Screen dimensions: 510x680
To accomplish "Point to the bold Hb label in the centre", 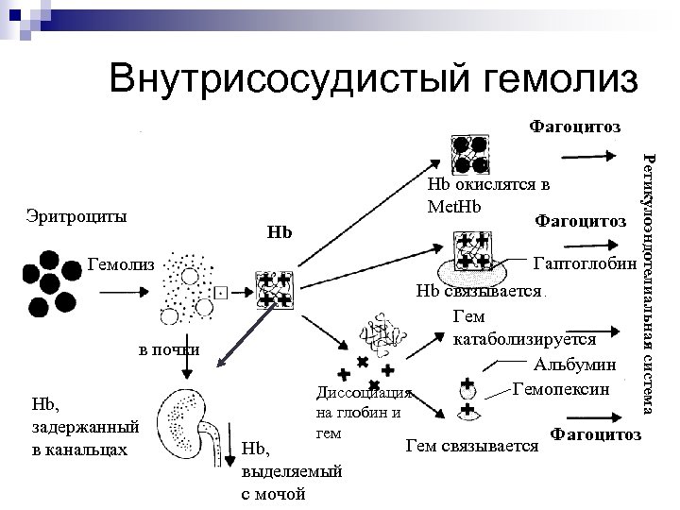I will pos(280,231).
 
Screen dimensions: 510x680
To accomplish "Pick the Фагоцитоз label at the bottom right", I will pos(594,434).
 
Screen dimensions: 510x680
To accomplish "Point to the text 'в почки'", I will pos(169,349).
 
